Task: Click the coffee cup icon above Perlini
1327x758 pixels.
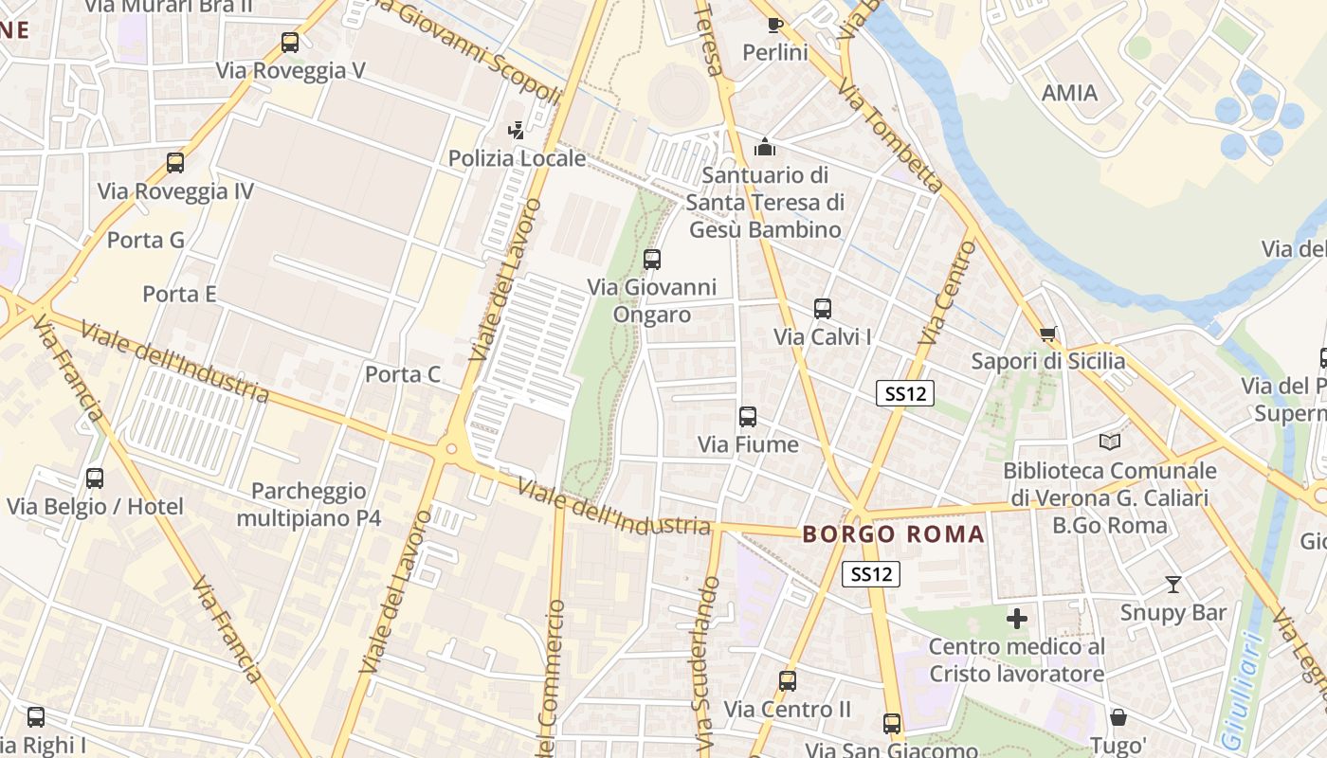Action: click(x=774, y=25)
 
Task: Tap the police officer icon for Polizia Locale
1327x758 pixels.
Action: click(x=517, y=131)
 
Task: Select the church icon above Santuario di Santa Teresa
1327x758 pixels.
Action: click(x=764, y=147)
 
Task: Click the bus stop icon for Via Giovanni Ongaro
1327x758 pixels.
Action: click(x=652, y=259)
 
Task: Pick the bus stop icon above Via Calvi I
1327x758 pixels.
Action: click(x=822, y=308)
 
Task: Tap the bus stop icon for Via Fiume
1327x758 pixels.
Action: click(x=748, y=416)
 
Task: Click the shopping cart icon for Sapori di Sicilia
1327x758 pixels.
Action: click(x=1048, y=334)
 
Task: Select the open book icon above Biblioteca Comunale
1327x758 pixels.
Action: click(x=1109, y=442)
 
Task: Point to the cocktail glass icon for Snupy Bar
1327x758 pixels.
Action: click(x=1173, y=585)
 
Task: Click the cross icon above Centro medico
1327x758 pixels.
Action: click(x=1017, y=619)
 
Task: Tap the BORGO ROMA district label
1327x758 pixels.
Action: click(x=894, y=534)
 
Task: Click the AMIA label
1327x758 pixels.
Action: click(x=1069, y=93)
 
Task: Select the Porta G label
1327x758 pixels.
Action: click(x=146, y=240)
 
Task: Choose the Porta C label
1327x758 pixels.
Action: click(x=403, y=374)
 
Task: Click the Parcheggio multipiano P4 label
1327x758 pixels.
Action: click(x=309, y=504)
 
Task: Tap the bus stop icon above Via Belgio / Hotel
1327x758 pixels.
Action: click(x=95, y=478)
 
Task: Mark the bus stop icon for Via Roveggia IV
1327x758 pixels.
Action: click(x=175, y=163)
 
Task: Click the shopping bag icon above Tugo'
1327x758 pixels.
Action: click(x=1118, y=717)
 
